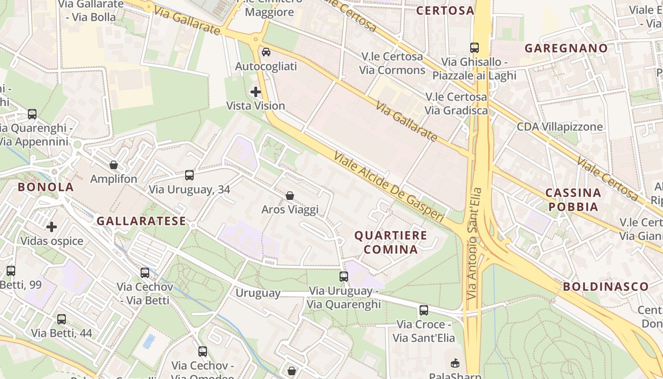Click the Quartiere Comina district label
pos(390,242)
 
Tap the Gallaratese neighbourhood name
pos(141,221)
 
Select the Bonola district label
pos(46,187)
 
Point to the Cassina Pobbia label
pos(573,199)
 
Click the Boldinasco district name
pos(605,286)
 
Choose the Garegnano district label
pos(566,48)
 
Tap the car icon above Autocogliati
pos(266,52)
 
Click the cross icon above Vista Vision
pos(256,92)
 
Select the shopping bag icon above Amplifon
pos(114,165)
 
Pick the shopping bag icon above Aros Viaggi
pos(290,196)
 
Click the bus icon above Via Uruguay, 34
pos(189,175)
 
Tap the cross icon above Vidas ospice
pos(52,227)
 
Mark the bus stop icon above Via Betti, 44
pos(62,319)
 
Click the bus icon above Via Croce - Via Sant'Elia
pos(424,310)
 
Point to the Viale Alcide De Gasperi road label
pos(388,187)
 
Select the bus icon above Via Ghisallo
pos(475,48)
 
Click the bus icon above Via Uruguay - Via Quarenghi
pos(344,277)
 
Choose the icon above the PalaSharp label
pos(455,363)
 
